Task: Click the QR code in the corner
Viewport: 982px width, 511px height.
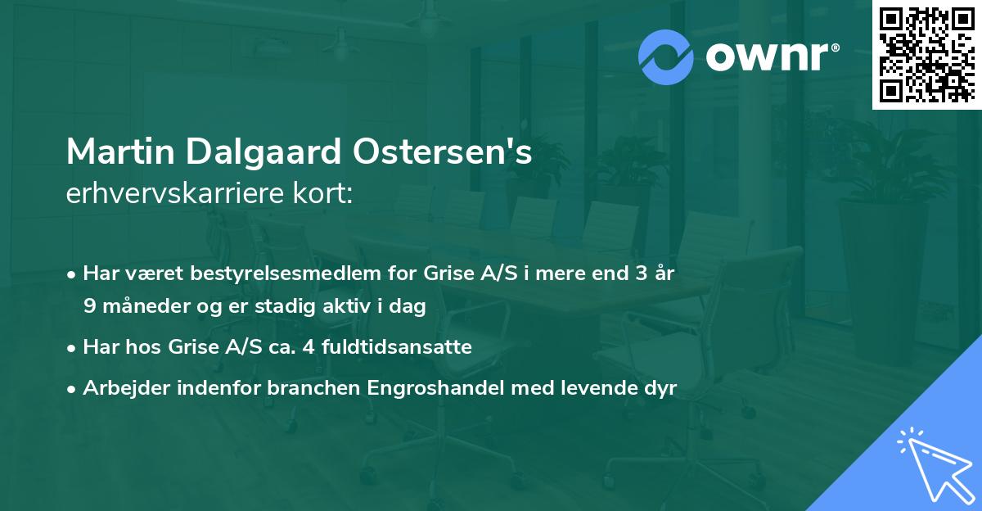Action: point(926,55)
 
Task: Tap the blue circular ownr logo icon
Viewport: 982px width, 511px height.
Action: point(666,57)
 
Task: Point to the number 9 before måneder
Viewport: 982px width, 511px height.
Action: point(88,306)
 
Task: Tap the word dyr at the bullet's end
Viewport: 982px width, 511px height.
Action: point(661,388)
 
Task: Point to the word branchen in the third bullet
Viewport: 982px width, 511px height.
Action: point(304,388)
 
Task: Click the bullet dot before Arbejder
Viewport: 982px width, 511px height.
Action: point(73,388)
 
